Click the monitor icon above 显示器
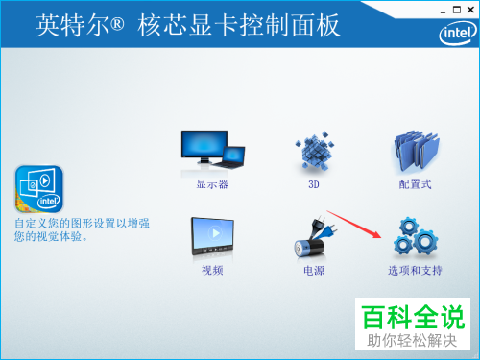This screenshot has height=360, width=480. tap(213, 151)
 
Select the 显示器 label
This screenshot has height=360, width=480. tap(212, 183)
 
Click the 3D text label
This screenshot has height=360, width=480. tap(313, 183)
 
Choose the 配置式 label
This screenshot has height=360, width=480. tap(416, 183)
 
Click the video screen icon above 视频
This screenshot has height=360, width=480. tap(213, 238)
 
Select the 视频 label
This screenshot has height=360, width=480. tap(212, 271)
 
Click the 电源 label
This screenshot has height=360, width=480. tap(313, 271)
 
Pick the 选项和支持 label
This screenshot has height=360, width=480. tap(415, 271)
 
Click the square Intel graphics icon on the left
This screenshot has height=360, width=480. tap(39, 189)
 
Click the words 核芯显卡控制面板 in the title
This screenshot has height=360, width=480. tap(255, 26)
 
